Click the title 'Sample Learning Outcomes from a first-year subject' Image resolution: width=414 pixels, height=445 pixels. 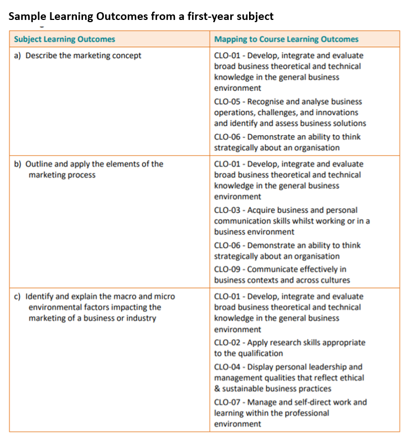[141, 17]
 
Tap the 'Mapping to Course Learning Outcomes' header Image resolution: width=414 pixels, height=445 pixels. [286, 39]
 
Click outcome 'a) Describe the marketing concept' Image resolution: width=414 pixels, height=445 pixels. [77, 55]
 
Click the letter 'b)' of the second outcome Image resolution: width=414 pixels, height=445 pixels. [18, 164]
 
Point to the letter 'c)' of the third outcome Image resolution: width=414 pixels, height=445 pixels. [18, 296]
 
